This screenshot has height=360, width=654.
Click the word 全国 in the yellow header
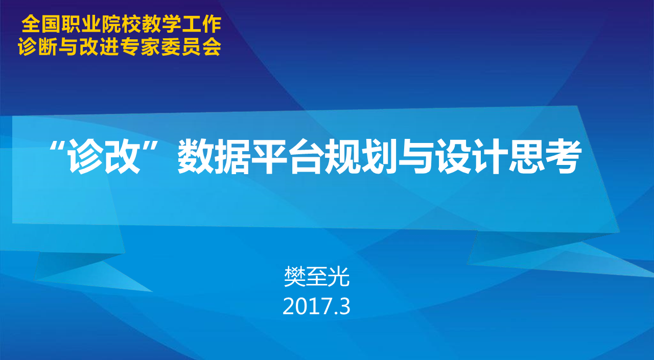click(x=41, y=24)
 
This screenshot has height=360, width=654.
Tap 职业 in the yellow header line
click(x=80, y=24)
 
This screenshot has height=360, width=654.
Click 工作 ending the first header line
click(x=201, y=24)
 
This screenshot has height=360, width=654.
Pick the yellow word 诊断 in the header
click(x=38, y=46)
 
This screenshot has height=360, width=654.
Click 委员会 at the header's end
click(x=191, y=46)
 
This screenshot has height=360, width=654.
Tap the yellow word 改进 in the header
click(x=99, y=46)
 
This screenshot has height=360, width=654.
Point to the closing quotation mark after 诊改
click(x=151, y=146)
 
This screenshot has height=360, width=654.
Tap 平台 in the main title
click(x=287, y=156)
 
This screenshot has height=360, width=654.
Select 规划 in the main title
click(x=361, y=156)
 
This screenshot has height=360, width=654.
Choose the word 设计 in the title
click(x=471, y=156)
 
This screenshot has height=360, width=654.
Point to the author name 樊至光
click(x=317, y=277)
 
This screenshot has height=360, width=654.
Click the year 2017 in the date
click(x=308, y=306)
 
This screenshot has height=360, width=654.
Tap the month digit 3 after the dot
click(x=345, y=306)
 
